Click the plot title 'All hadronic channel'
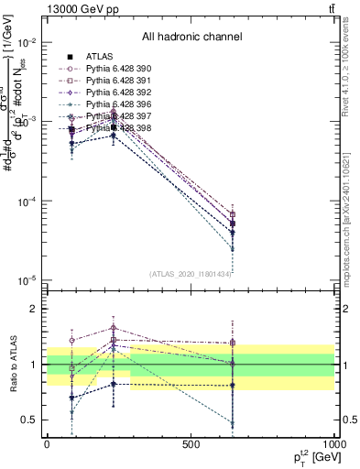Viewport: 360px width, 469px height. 191,38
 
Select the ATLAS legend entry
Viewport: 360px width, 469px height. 98,57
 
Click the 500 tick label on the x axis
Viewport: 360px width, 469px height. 191,443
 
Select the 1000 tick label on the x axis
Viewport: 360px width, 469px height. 333,443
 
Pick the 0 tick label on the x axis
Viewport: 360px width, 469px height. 47,443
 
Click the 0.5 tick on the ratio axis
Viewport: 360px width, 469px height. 29,420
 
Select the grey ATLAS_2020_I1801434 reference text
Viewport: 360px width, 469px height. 191,274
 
